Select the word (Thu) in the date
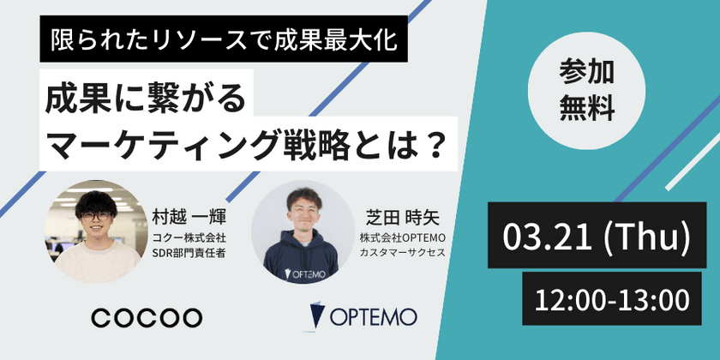click(648, 233)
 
